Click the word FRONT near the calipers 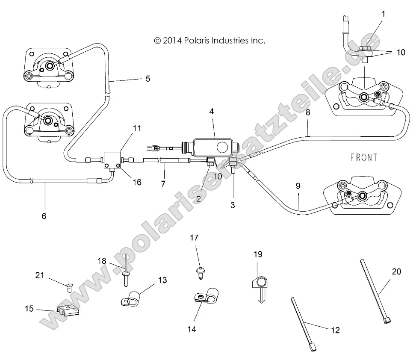point(364,158)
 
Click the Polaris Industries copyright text point(209,41)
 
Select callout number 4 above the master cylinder point(212,111)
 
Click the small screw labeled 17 point(200,272)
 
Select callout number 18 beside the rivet point(101,260)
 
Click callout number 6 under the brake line point(44,215)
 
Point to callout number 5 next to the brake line point(148,79)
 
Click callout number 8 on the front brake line point(308,113)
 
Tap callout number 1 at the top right point(383,14)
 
